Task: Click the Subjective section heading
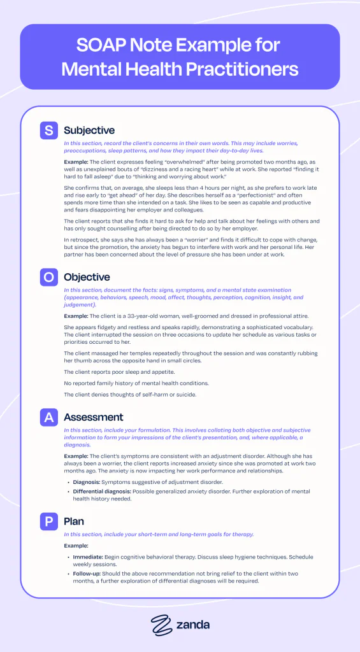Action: point(89,131)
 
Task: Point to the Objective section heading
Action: point(87,277)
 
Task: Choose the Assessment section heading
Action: point(93,417)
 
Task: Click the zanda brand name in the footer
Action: point(192,625)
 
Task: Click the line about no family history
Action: point(138,384)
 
